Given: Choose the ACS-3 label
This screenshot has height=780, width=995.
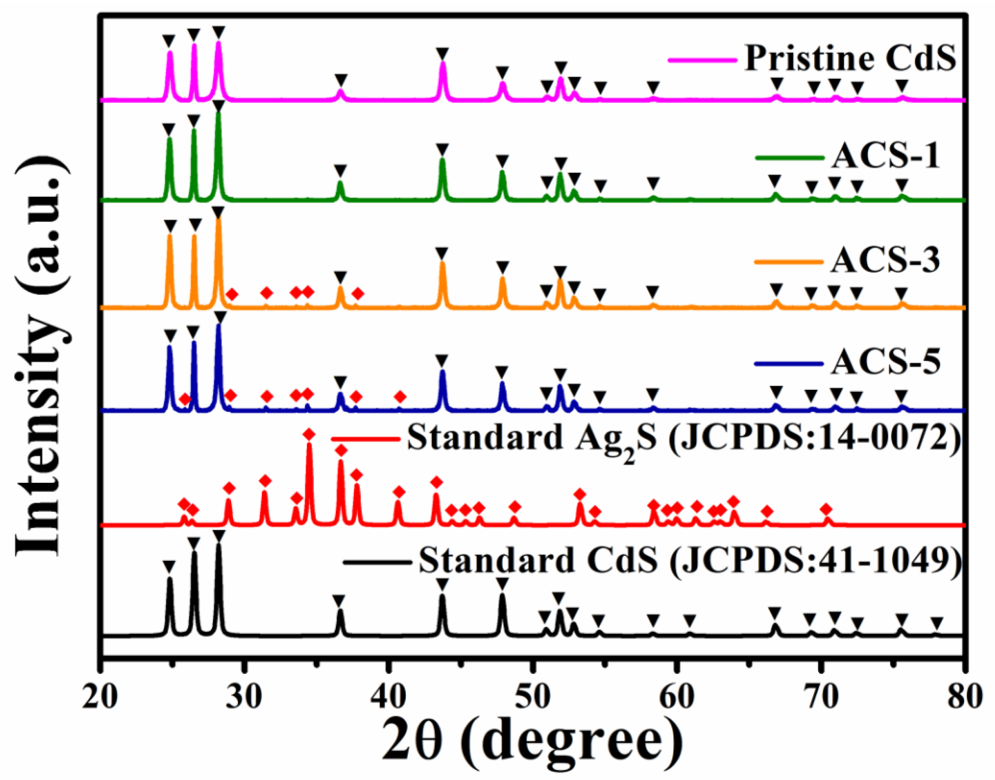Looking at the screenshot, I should point(885,261).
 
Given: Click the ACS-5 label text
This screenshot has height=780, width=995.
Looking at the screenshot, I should point(885,362).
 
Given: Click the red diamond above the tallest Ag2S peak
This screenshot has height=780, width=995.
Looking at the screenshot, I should point(309,434).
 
